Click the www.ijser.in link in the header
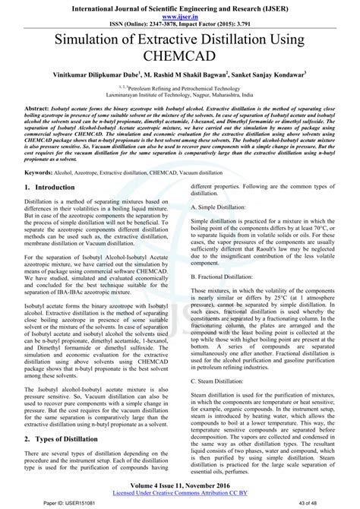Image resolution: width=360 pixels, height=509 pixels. pyautogui.click(x=180, y=14)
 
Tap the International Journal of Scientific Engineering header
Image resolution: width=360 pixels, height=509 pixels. pyautogui.click(x=180, y=5)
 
